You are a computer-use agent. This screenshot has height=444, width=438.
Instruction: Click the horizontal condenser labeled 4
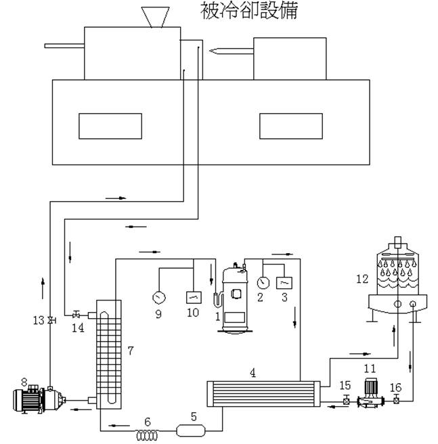(x=261, y=394)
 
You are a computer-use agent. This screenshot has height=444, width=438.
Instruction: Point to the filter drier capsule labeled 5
(x=191, y=429)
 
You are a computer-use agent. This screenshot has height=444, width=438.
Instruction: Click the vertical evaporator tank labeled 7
(x=107, y=353)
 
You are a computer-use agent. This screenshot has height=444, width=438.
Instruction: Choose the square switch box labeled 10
(x=193, y=297)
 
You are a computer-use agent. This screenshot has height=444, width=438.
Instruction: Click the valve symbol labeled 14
(x=77, y=314)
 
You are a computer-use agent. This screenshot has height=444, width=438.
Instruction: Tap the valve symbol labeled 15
(x=346, y=401)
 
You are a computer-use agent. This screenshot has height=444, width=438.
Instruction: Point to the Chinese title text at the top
(x=248, y=10)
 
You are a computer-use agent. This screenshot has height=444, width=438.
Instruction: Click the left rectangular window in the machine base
(x=110, y=126)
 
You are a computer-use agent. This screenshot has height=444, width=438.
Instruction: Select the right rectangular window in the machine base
(x=291, y=126)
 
